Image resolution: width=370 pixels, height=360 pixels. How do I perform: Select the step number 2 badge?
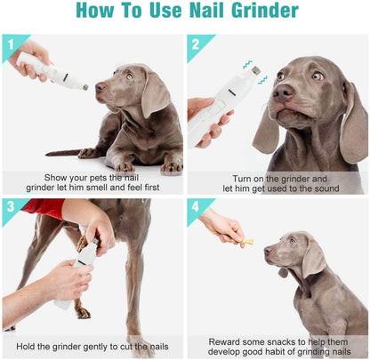196,43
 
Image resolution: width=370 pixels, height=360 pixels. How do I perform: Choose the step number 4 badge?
196,207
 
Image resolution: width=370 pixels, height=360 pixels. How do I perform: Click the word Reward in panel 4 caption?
226,340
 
